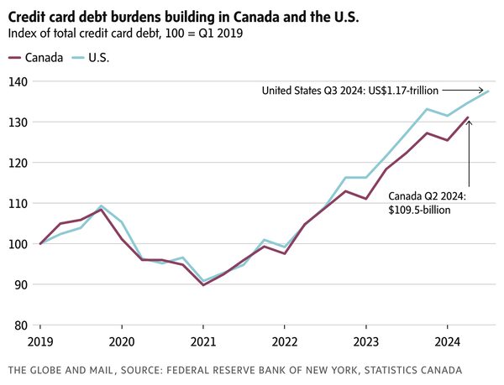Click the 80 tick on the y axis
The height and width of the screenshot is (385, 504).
(19, 325)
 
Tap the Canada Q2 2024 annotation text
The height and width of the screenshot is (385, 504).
(428, 203)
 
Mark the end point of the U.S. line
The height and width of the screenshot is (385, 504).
(488, 91)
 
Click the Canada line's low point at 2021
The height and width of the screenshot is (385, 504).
(203, 285)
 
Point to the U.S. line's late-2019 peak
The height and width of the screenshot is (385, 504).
(102, 206)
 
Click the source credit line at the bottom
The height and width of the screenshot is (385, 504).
(234, 370)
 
